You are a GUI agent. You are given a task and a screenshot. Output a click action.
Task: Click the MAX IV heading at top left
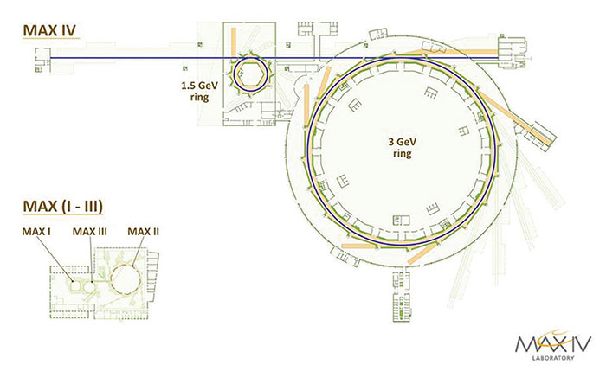[49, 30]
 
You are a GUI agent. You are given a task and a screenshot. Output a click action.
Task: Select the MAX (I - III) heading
[63, 207]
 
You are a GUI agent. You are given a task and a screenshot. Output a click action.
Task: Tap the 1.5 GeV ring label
[199, 91]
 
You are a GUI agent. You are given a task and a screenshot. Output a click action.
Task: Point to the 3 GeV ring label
[403, 147]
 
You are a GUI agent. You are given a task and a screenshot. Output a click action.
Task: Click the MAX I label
[36, 232]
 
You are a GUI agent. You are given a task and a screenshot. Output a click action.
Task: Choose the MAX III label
[90, 232]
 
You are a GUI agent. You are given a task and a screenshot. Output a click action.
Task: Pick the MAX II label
[144, 232]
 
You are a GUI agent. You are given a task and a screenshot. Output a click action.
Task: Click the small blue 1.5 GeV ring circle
[234, 75]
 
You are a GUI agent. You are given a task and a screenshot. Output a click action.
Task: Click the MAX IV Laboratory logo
[553, 344]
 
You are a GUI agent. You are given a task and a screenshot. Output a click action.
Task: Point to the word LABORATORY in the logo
[553, 358]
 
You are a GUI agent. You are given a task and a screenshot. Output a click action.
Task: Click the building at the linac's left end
[42, 60]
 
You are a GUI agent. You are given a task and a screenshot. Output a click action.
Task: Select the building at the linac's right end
[513, 52]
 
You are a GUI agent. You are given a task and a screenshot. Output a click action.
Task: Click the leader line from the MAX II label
[139, 251]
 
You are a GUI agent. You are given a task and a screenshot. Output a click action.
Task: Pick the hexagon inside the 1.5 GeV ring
[251, 75]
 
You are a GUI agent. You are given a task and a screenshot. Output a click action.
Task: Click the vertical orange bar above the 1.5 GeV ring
[234, 42]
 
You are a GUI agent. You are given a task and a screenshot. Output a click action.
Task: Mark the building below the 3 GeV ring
[402, 297]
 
